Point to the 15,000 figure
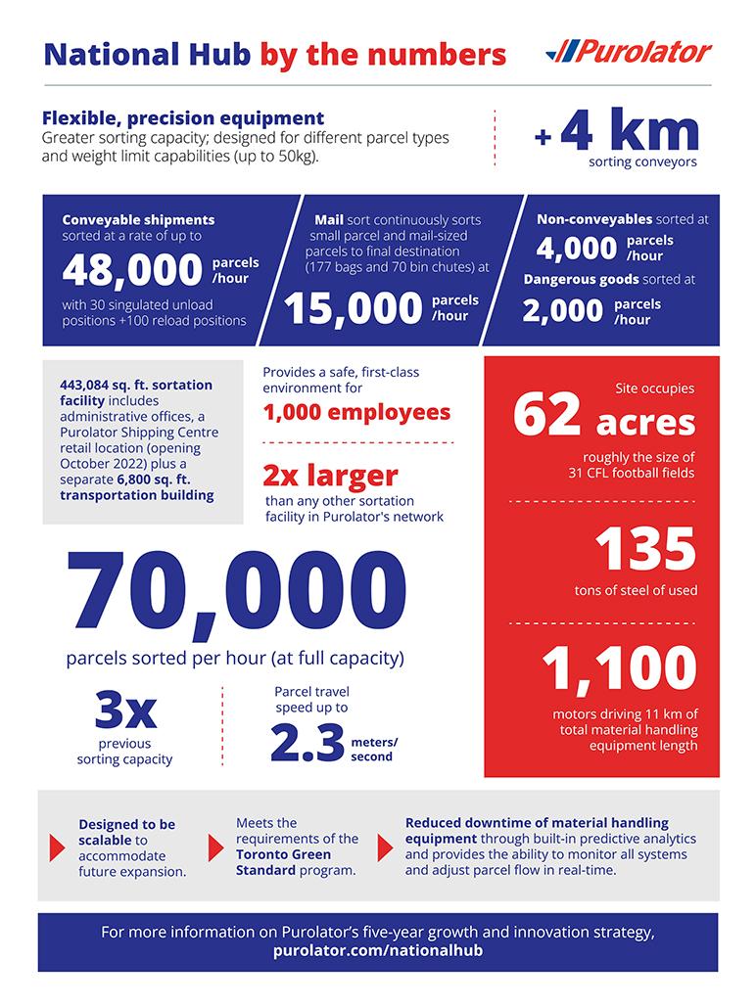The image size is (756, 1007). (354, 308)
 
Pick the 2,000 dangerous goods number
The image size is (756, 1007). (562, 311)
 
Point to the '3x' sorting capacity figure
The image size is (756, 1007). (124, 710)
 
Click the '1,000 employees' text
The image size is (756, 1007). (356, 412)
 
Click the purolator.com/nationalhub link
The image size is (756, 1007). (377, 950)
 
